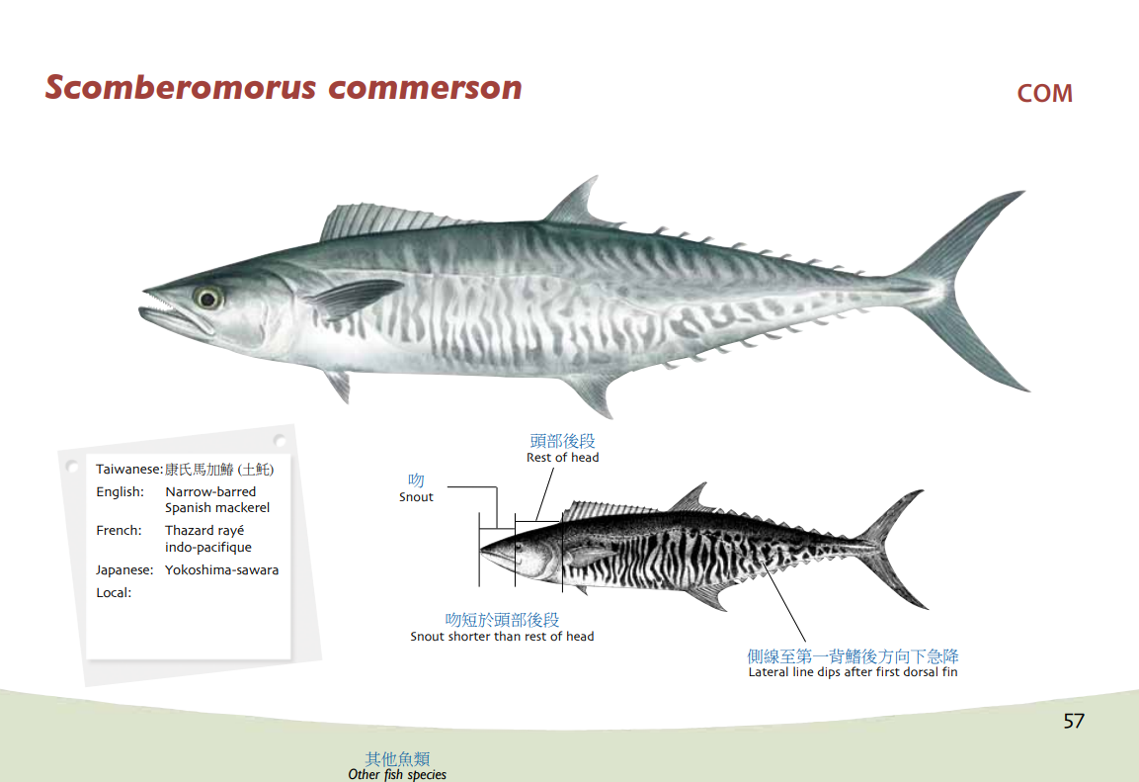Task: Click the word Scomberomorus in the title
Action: [181, 87]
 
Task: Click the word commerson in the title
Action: [425, 89]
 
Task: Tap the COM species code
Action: [1044, 94]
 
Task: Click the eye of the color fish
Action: [207, 298]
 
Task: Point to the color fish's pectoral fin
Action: [356, 297]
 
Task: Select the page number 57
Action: [1074, 721]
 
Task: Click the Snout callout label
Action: [416, 497]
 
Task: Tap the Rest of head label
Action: [563, 457]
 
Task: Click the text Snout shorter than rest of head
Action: [502, 637]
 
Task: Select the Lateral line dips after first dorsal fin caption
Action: [853, 672]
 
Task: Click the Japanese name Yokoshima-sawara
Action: [221, 569]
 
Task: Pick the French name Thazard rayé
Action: [204, 531]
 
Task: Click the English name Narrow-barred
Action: [210, 492]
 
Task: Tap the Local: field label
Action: [114, 593]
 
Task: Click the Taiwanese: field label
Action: [129, 470]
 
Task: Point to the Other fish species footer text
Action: [397, 774]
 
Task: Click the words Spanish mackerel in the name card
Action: [217, 508]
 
